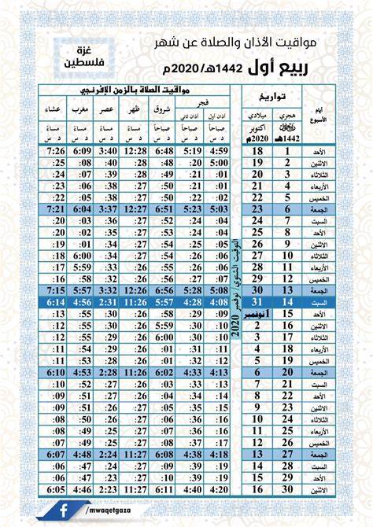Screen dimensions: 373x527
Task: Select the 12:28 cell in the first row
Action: [x=135, y=150]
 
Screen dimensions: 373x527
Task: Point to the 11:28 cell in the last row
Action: [x=135, y=488]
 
